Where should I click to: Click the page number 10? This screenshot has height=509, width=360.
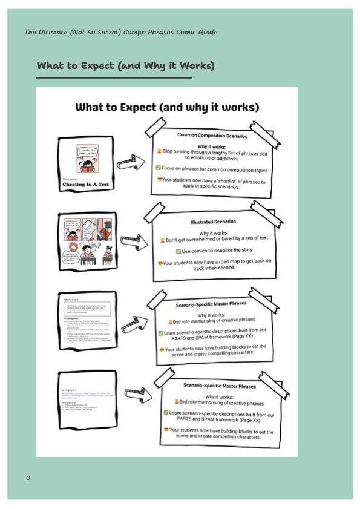point(27,478)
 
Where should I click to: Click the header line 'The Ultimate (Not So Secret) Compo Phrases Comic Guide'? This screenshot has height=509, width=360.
point(120,32)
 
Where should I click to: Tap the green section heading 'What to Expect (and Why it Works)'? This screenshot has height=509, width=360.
point(125,66)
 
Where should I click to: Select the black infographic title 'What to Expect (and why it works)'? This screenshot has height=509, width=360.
point(166,108)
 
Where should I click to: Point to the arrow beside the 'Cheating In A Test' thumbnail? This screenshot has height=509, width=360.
point(129,162)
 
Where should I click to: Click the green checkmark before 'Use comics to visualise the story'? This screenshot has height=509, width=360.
point(178,251)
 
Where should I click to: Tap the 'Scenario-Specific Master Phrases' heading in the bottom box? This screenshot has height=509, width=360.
point(213,386)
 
